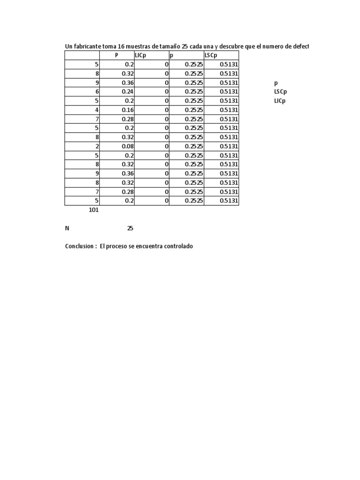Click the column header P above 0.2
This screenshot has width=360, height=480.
tap(117, 55)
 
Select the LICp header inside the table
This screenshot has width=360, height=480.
tap(141, 55)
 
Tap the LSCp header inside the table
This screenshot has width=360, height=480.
tap(211, 55)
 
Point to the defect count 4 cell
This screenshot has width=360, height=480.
tap(97, 110)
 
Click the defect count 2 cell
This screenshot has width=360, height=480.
tap(97, 146)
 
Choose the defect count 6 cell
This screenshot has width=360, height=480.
tap(97, 92)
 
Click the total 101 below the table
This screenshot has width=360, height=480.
tap(93, 210)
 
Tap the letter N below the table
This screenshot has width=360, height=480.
tap(67, 229)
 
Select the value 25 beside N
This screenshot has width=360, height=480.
tap(130, 229)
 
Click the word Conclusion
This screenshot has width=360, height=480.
tap(79, 247)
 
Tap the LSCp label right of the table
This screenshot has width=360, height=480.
tap(280, 92)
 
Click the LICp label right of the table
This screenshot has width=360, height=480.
tap(280, 101)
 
